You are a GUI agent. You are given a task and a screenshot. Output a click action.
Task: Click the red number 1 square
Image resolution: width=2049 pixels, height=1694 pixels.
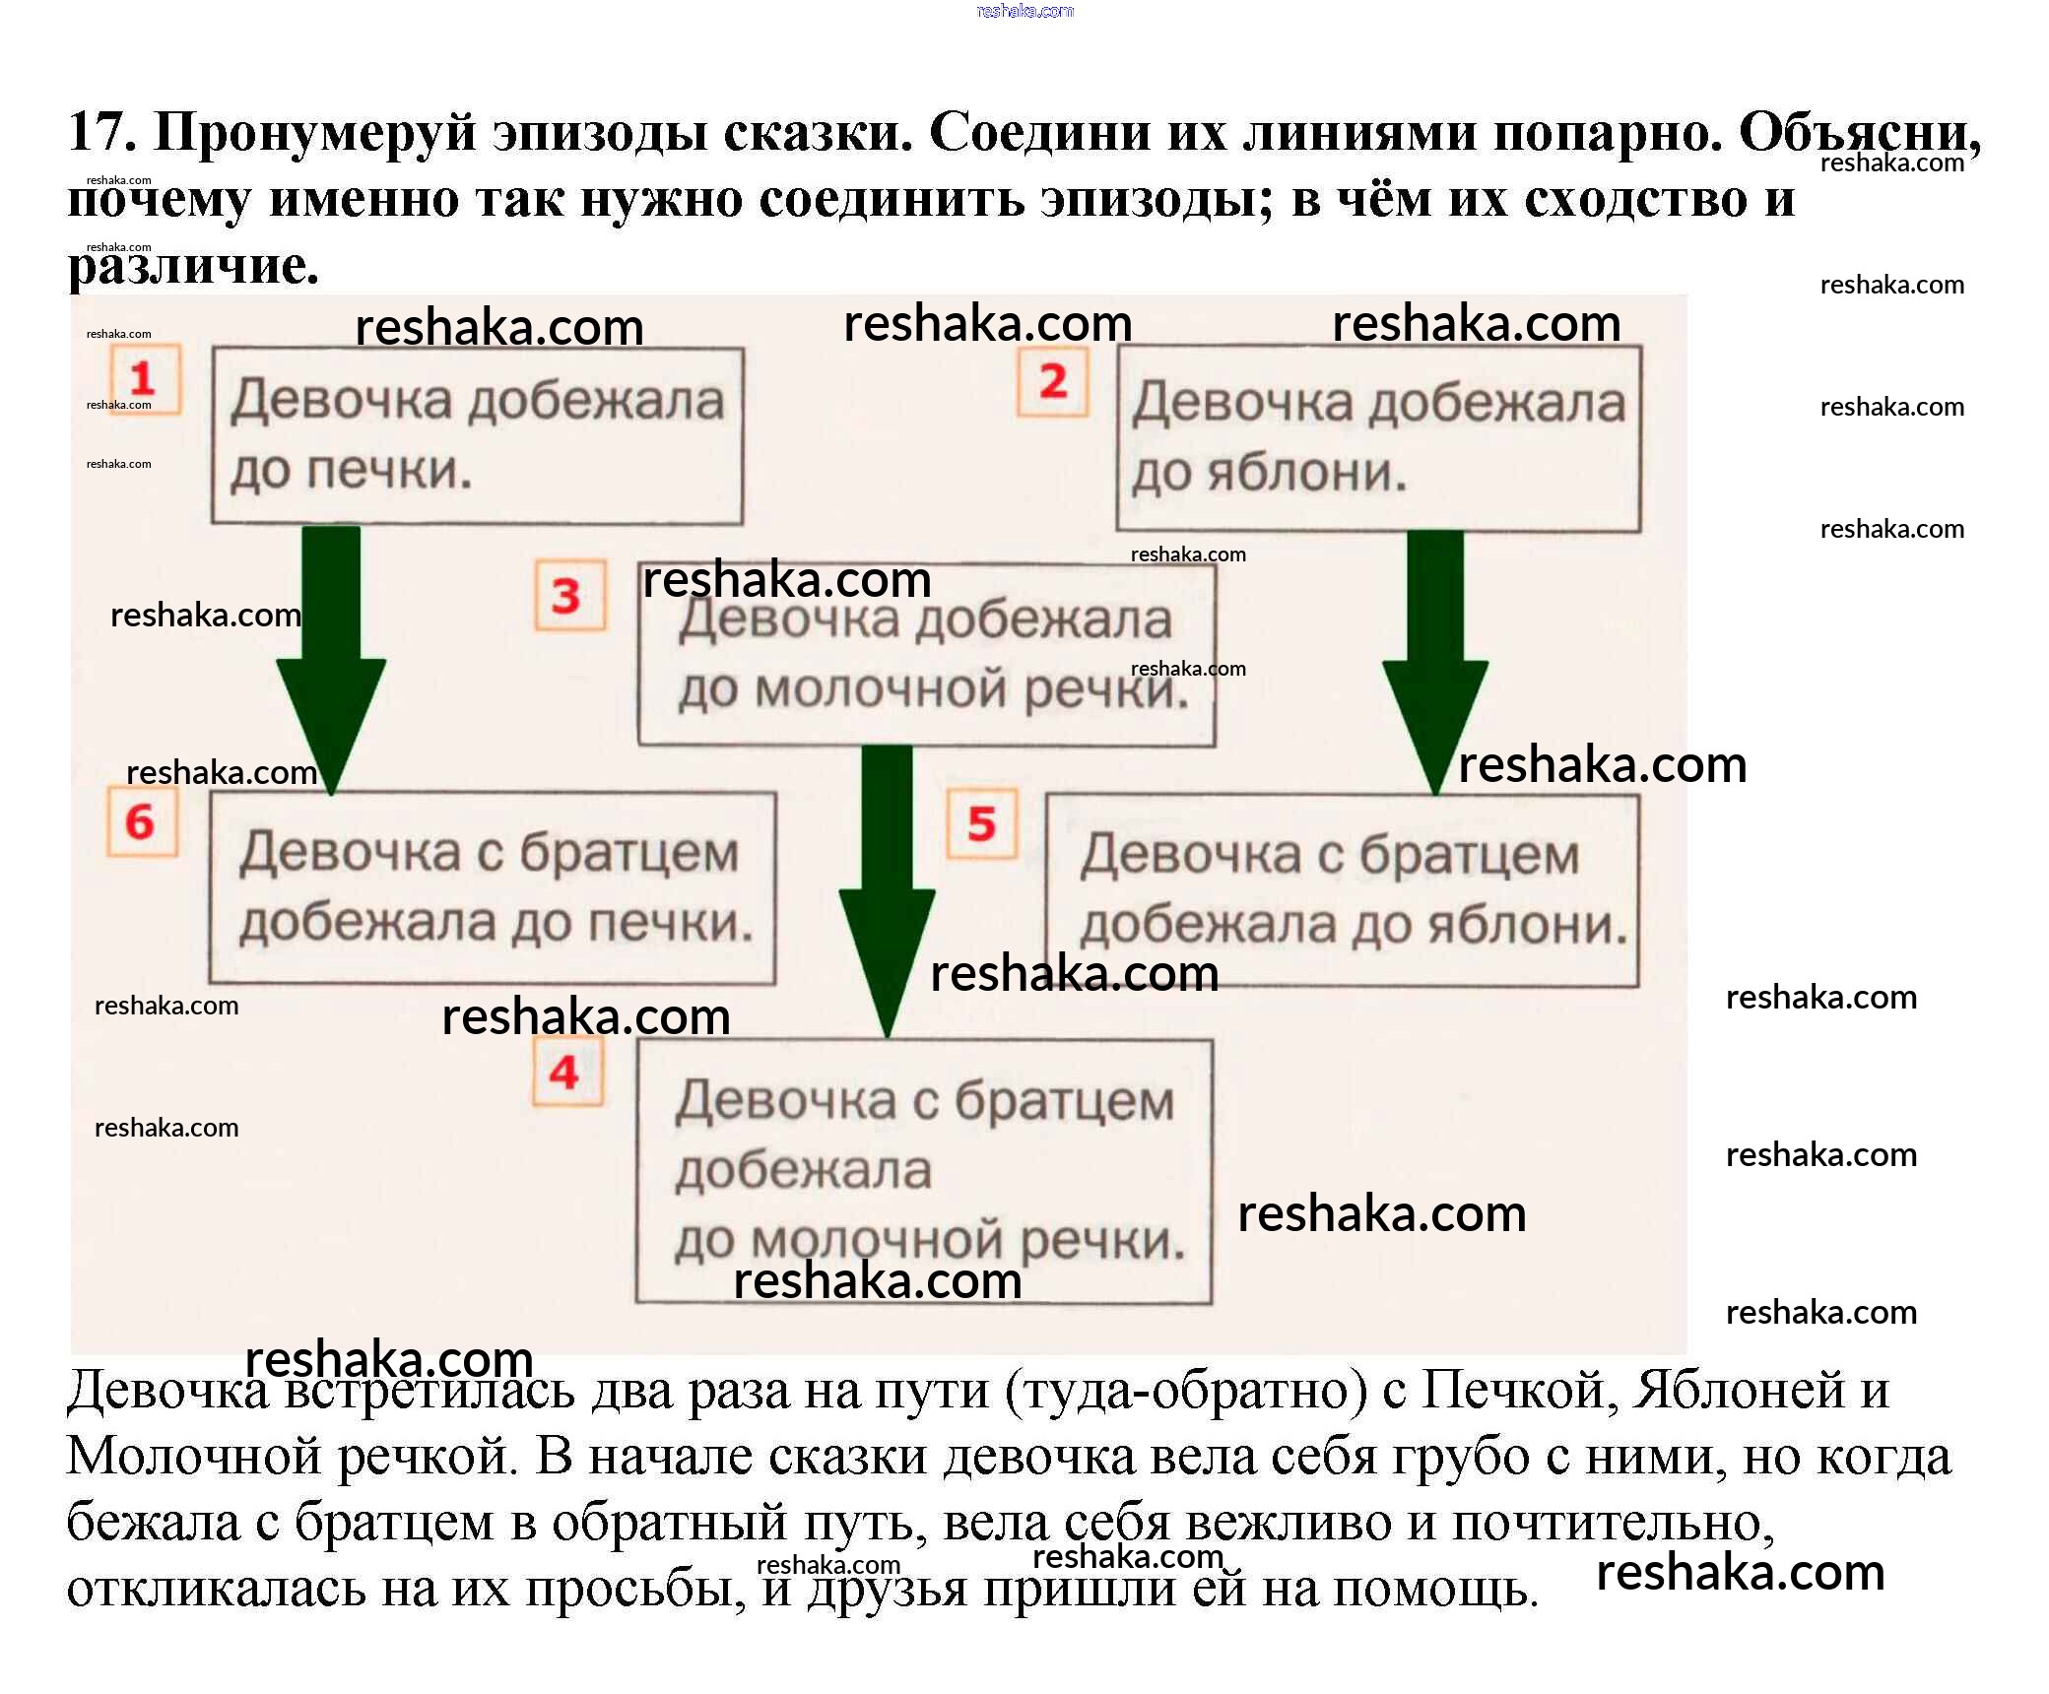tap(144, 379)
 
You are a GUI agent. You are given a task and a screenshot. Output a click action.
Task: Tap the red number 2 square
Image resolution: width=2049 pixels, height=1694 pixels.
tap(1053, 381)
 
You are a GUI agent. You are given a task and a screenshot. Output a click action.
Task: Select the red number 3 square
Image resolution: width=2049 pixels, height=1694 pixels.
tap(569, 595)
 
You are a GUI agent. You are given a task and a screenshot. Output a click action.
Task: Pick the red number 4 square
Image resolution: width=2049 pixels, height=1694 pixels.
tap(566, 1072)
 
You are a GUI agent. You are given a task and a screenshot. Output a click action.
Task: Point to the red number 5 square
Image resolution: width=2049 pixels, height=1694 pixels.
tap(981, 823)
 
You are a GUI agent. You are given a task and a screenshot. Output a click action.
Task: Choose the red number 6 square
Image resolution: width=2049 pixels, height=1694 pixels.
tap(142, 821)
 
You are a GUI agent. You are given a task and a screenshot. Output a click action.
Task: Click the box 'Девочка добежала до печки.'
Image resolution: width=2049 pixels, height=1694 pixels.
tap(477, 435)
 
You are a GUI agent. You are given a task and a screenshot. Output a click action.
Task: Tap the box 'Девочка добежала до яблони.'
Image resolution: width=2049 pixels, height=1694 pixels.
tap(1378, 438)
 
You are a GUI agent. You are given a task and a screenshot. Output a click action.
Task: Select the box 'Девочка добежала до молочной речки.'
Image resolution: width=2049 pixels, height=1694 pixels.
tap(926, 655)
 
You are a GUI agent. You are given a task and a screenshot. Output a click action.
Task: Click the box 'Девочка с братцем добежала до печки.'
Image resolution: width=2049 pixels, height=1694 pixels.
tap(493, 888)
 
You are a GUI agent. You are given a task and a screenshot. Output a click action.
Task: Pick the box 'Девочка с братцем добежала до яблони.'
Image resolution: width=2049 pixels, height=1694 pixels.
tap(1342, 890)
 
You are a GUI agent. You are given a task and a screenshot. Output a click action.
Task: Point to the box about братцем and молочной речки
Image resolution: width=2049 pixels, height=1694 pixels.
tap(924, 1171)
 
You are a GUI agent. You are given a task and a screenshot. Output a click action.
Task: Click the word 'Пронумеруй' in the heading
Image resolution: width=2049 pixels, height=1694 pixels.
tap(315, 133)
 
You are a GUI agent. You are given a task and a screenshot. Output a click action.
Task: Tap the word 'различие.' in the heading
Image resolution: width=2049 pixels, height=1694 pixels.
tap(193, 265)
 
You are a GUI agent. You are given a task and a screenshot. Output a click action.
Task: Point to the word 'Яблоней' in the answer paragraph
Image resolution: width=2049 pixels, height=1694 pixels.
tap(1739, 1390)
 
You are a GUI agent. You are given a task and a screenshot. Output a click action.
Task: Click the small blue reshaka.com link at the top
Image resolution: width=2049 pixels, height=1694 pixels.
tap(1024, 11)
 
